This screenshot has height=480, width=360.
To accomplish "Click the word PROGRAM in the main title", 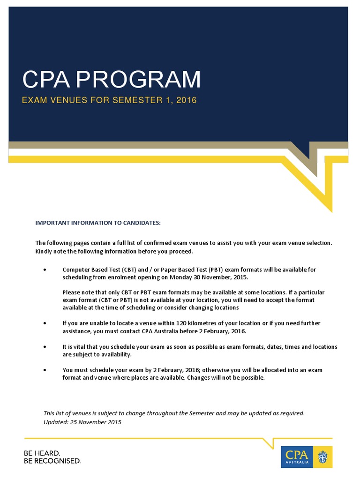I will coord(138,80).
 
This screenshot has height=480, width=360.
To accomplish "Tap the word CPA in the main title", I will coord(46,80).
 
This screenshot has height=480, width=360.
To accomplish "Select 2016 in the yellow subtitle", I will coord(186,100).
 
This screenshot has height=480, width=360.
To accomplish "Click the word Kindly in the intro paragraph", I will coord(44,251).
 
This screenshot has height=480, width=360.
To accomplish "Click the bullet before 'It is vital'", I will coord(45,347).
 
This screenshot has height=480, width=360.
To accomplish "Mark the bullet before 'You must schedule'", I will coord(45,370).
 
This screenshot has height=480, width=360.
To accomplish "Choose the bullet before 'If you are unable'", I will coord(45,323).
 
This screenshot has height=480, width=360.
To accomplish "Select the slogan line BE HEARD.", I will coord(42,453).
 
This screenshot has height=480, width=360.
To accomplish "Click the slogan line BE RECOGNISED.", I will coord(52,461).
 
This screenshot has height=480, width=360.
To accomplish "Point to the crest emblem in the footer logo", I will coord(322,457).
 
